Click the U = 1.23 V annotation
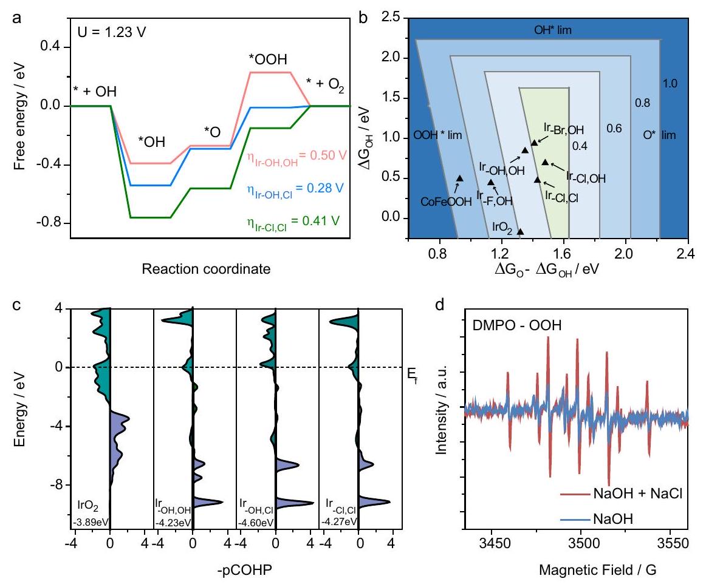109,29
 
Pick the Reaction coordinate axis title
206,268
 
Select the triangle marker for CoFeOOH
460,178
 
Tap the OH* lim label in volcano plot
551,29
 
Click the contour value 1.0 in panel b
671,83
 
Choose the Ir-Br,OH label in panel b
564,129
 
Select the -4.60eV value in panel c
253,523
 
